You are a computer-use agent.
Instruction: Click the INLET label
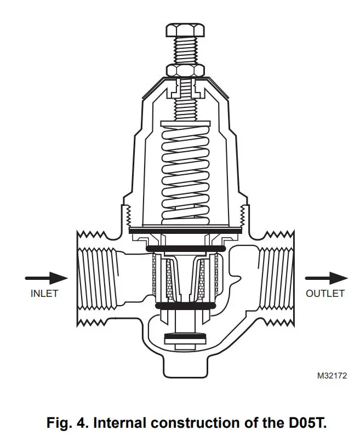[x=44, y=293]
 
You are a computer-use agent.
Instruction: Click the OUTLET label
[x=325, y=293]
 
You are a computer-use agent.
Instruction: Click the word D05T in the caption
[x=307, y=423]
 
